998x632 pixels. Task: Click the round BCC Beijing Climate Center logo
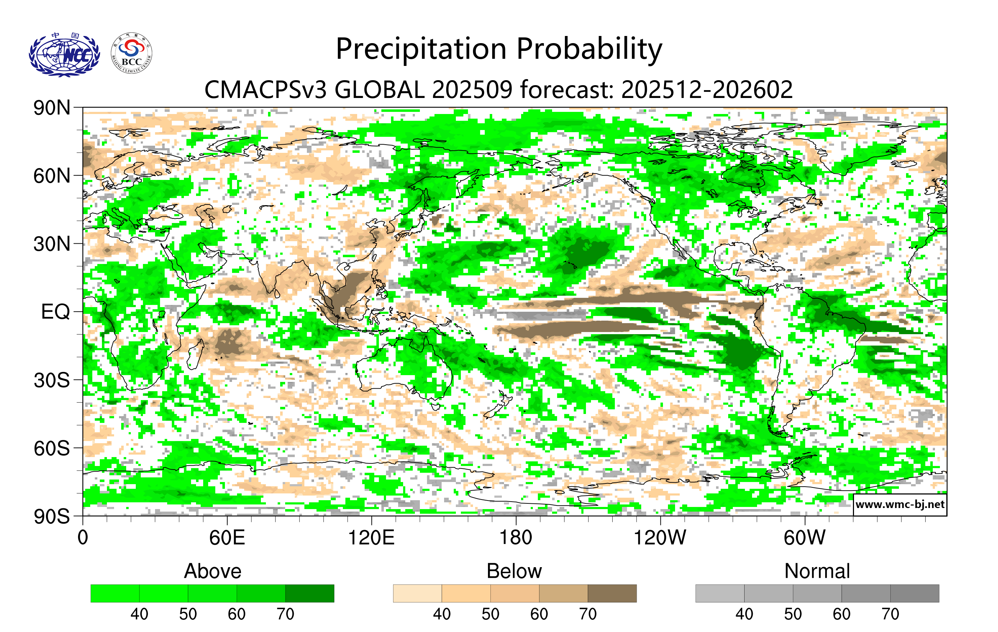click(x=132, y=53)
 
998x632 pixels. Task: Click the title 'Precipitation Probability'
click(x=499, y=49)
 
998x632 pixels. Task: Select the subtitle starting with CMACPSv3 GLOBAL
click(x=499, y=89)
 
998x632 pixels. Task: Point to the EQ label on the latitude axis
click(x=55, y=312)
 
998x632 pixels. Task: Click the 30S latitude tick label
click(x=52, y=380)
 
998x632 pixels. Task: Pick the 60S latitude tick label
click(x=52, y=448)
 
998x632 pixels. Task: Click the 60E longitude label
click(x=227, y=538)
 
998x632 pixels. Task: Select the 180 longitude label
click(x=516, y=538)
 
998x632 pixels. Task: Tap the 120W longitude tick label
click(x=660, y=538)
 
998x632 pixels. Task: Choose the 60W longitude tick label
click(x=804, y=538)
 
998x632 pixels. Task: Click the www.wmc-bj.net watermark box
click(x=900, y=504)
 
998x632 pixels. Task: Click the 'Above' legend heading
click(x=213, y=571)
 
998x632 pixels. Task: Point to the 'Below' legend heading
click(x=514, y=571)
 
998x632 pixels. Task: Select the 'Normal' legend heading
click(x=817, y=571)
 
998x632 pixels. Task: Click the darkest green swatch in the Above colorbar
click(x=310, y=593)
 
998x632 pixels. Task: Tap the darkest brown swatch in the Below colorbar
click(x=612, y=593)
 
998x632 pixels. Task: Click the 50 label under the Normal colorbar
click(x=792, y=614)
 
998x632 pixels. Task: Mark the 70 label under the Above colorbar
click(x=285, y=614)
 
